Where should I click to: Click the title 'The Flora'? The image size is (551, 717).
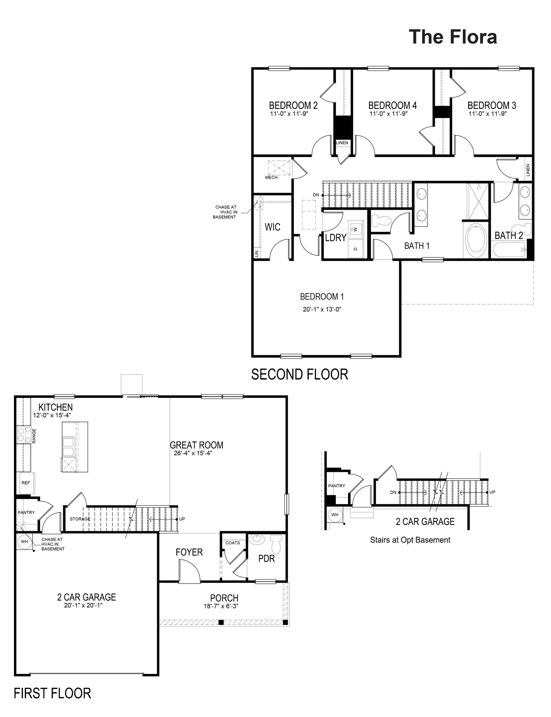(453, 37)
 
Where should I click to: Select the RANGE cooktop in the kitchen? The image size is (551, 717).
(23, 435)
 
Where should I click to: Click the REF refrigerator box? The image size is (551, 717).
(26, 483)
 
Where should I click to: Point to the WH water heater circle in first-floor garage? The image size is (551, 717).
(25, 542)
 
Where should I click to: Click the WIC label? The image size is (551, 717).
(273, 227)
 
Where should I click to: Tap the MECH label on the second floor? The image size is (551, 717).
(271, 177)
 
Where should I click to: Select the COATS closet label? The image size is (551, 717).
(232, 543)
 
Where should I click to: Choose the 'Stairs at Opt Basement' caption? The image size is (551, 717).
(410, 540)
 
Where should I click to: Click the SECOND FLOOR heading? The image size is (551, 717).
(299, 374)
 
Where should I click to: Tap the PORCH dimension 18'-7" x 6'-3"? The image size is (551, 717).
(221, 606)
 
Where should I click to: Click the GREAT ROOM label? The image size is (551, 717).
(197, 445)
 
